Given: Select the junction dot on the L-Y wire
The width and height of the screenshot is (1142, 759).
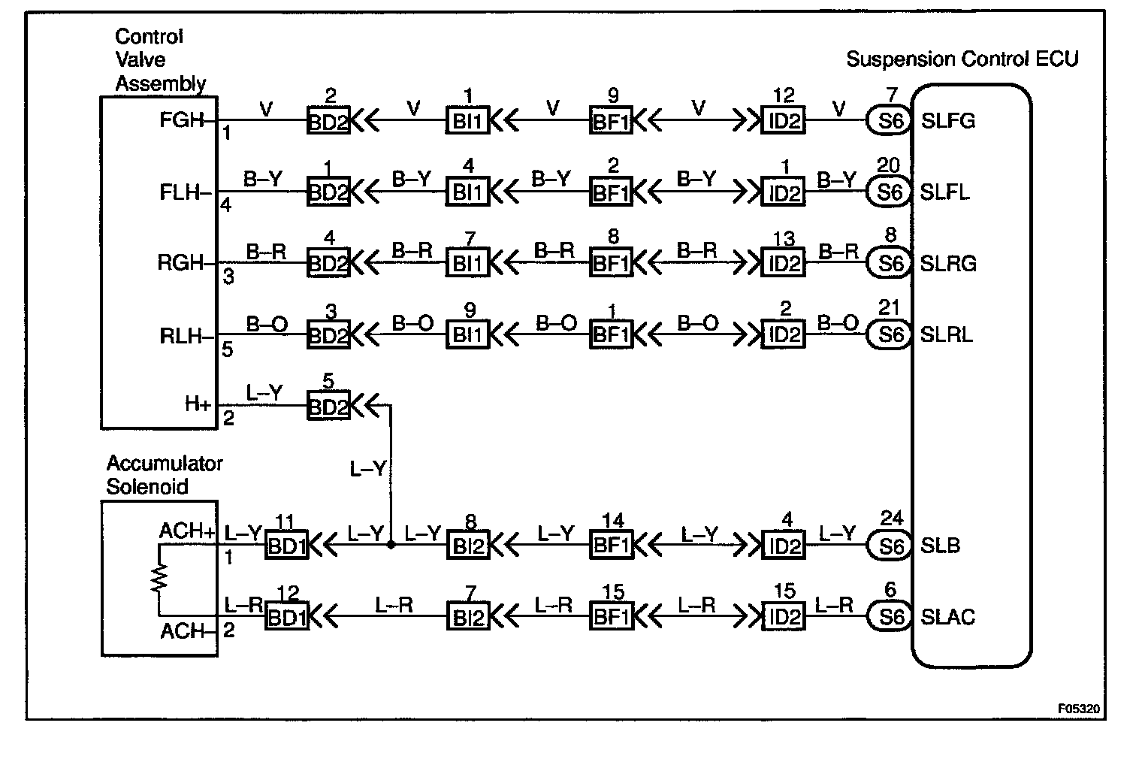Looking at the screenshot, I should (x=391, y=545).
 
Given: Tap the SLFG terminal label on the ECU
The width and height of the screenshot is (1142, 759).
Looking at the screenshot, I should (x=947, y=120).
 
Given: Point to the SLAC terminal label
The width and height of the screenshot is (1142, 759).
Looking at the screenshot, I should (x=947, y=618).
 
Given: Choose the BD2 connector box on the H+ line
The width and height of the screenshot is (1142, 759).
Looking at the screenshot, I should (x=328, y=407).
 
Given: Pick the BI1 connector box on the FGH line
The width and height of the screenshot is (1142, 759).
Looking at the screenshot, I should (x=468, y=120).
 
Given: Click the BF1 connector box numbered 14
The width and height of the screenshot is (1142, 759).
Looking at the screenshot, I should (x=611, y=545).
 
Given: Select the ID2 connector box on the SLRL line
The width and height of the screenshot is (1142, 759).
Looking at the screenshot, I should (x=783, y=334).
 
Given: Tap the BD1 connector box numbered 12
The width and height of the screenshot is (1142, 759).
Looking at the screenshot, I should (x=286, y=618).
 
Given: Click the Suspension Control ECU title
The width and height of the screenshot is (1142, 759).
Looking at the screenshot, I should (x=962, y=59).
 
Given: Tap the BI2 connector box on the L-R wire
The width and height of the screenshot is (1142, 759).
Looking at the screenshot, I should (x=467, y=618).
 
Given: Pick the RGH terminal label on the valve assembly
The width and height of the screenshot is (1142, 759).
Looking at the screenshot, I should (x=181, y=263).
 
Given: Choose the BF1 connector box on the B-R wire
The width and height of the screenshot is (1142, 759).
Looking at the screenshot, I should (x=611, y=263).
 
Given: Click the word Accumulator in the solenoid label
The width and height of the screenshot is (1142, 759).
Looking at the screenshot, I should (x=165, y=464).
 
